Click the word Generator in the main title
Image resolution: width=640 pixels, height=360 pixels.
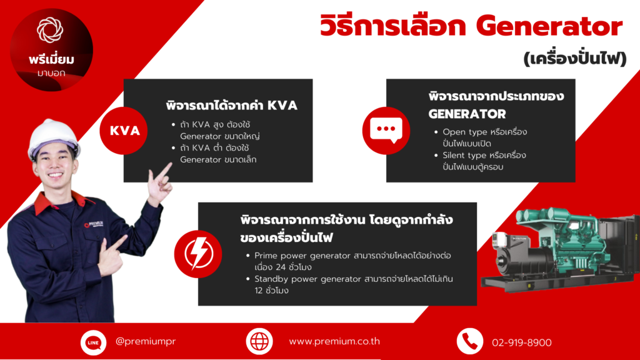(x=549, y=26)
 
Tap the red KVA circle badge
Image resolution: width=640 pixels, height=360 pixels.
(x=124, y=131)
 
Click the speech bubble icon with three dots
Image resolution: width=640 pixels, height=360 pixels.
(x=386, y=131)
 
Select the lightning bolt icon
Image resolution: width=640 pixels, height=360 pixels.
(x=198, y=254)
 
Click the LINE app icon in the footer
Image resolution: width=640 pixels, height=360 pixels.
(x=94, y=342)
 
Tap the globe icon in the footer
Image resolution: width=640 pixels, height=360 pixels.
(x=259, y=341)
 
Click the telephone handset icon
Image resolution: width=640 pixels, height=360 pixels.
(x=470, y=341)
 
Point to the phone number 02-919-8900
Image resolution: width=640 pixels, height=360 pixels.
(x=522, y=342)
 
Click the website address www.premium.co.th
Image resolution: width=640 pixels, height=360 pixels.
(x=334, y=341)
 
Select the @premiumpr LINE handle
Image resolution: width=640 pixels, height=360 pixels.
(x=146, y=341)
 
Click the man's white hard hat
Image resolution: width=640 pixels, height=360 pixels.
(x=52, y=139)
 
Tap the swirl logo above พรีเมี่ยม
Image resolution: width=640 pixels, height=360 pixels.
(x=50, y=30)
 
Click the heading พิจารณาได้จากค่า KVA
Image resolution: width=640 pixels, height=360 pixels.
(x=231, y=105)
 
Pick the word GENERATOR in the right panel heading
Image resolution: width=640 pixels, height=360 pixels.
(x=467, y=114)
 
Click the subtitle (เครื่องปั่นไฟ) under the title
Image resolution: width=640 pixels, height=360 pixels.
(x=575, y=58)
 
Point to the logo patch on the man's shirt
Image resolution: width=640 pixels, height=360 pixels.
(x=94, y=224)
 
